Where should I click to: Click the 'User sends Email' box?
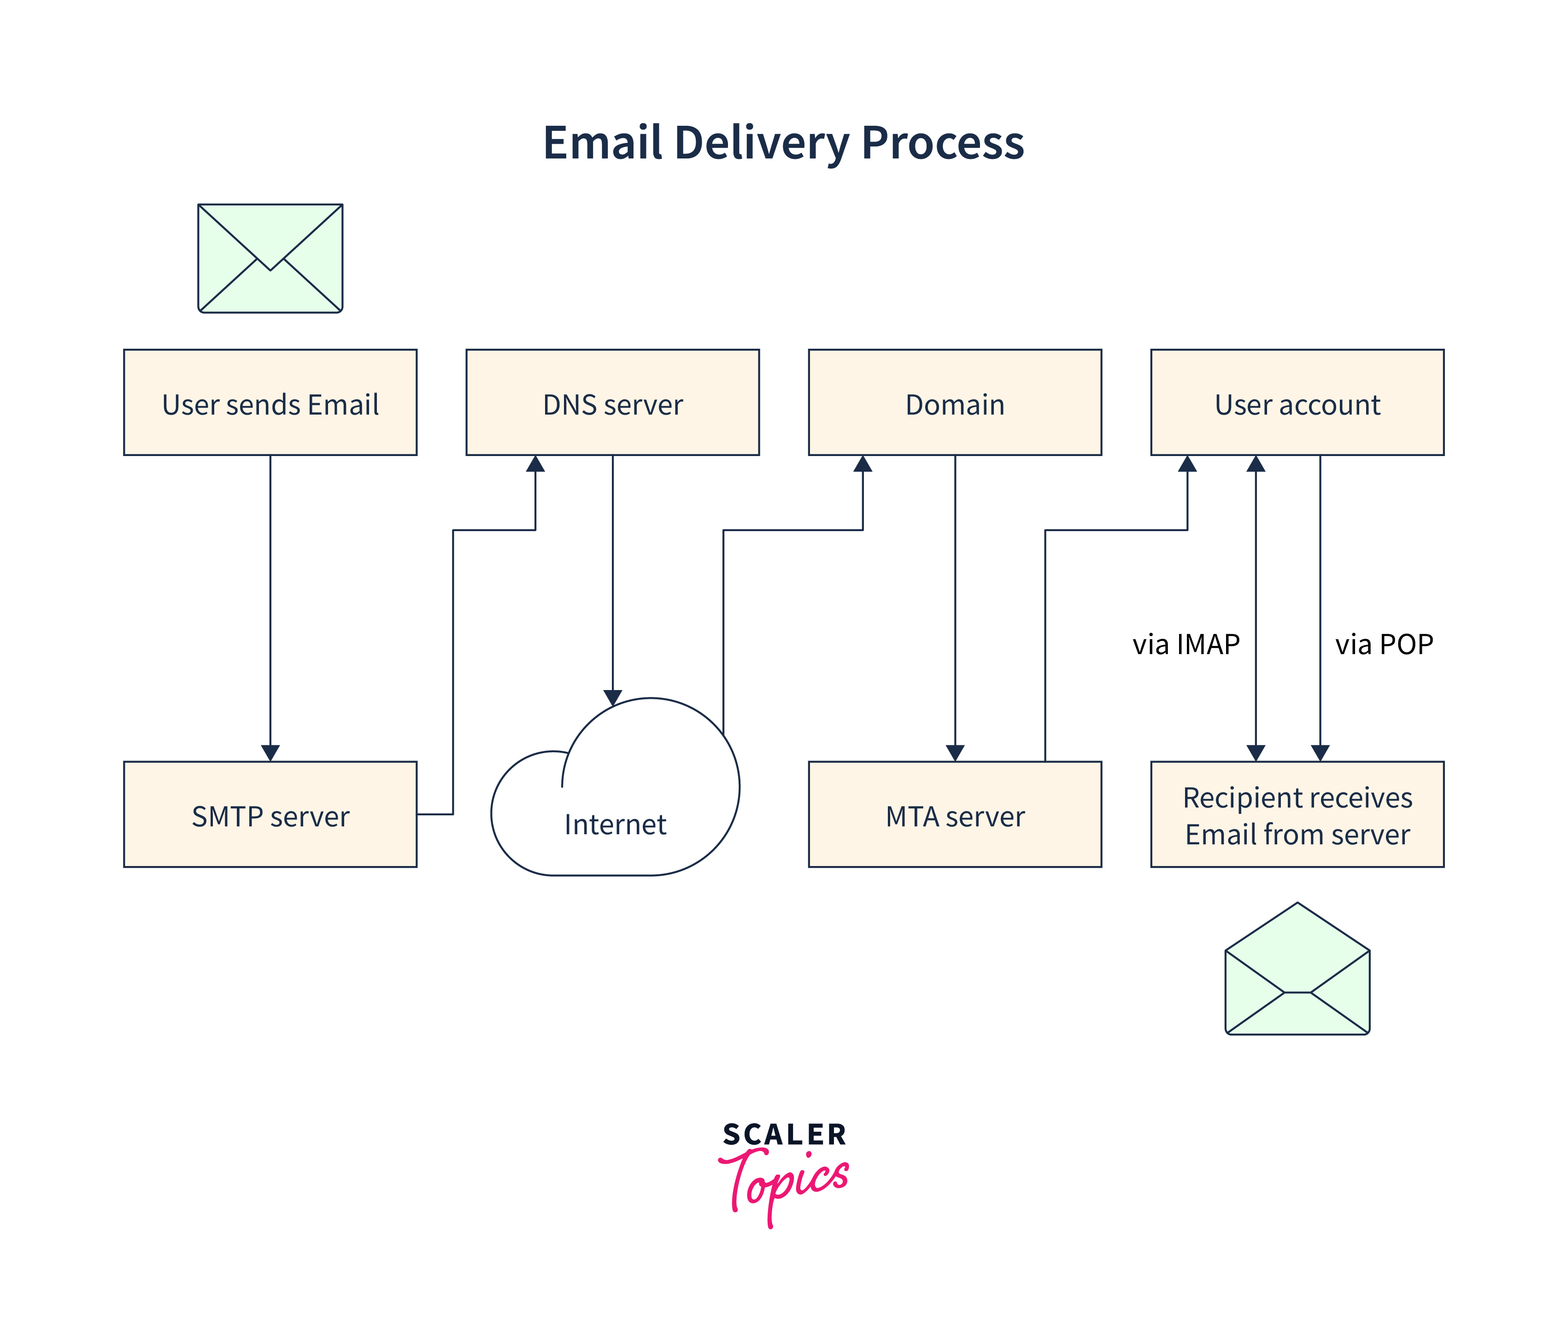pyautogui.click(x=270, y=403)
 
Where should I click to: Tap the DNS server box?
pyautogui.click(x=612, y=403)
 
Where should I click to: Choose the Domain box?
pyautogui.click(x=955, y=403)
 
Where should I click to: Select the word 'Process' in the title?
pyautogui.click(x=942, y=143)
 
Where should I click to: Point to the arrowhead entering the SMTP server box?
pyautogui.click(x=270, y=753)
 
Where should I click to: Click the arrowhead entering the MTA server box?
pyautogui.click(x=955, y=753)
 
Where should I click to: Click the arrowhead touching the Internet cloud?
pyautogui.click(x=613, y=697)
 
